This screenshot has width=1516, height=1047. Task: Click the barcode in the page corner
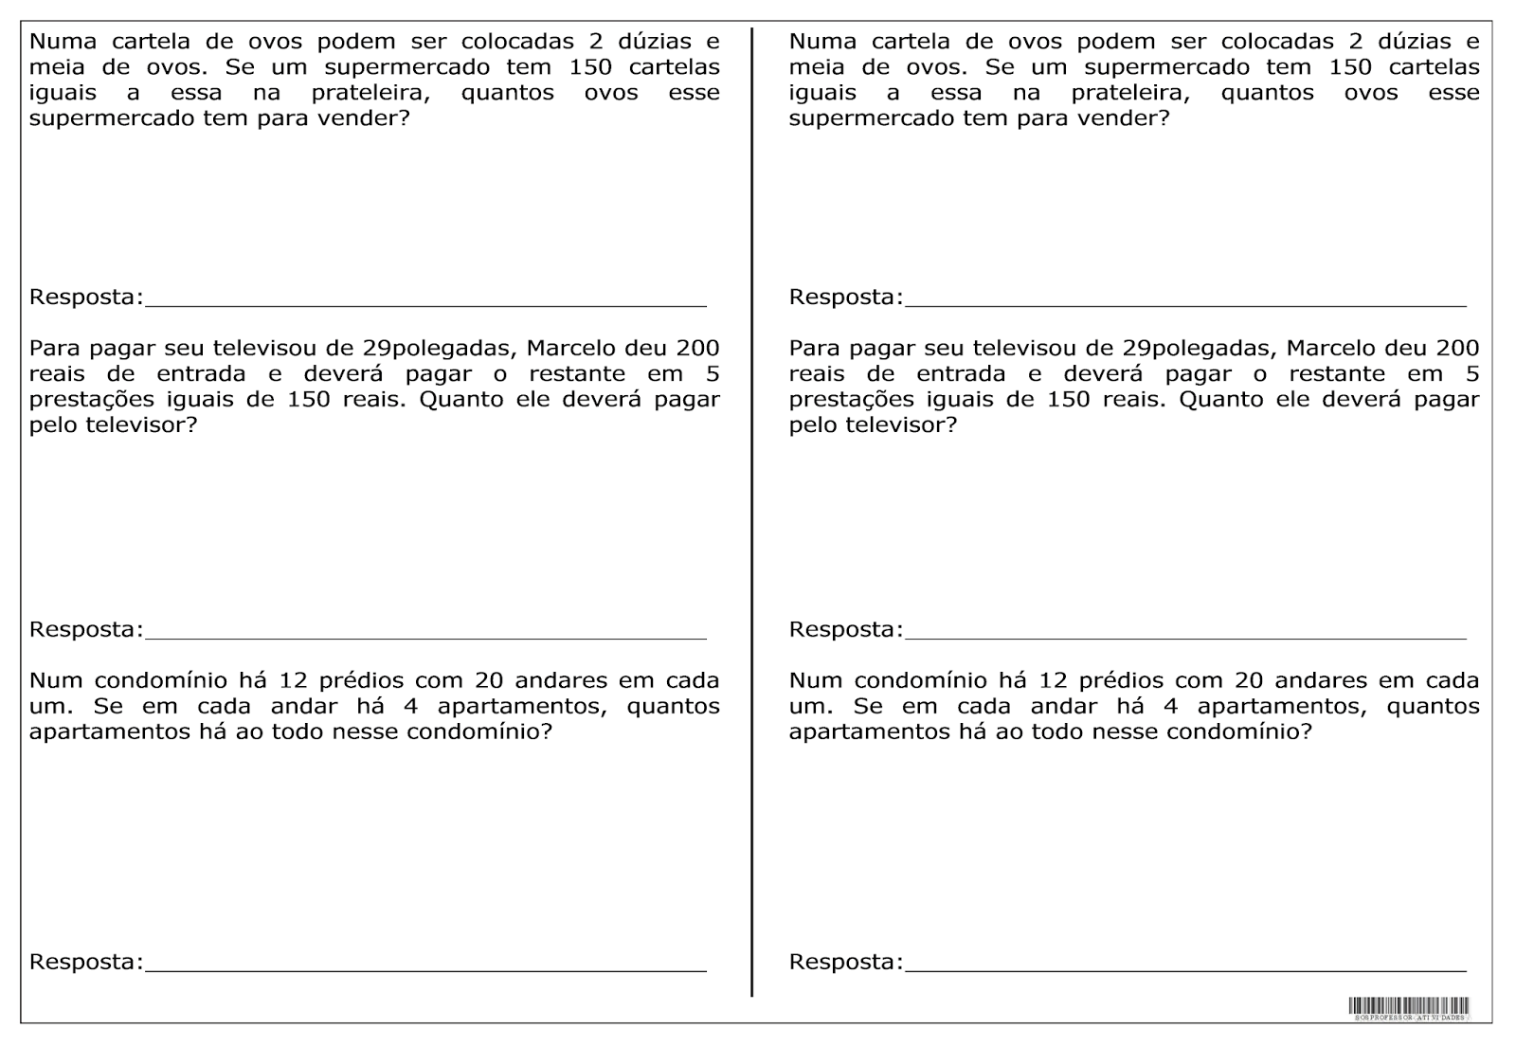coord(1409,1008)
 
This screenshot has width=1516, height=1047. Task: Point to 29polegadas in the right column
coord(1197,348)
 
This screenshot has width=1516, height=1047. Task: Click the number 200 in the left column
coord(697,348)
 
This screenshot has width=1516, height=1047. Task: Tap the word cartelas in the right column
coord(1433,67)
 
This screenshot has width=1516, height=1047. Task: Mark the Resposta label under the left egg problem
coord(86,298)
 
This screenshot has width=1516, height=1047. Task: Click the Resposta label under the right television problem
coord(846,630)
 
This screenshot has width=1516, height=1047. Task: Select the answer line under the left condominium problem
coord(426,970)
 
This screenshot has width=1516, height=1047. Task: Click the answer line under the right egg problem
coord(1184,305)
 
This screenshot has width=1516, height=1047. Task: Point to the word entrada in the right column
coord(961,373)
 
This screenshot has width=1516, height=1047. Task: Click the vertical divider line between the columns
coord(752,512)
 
